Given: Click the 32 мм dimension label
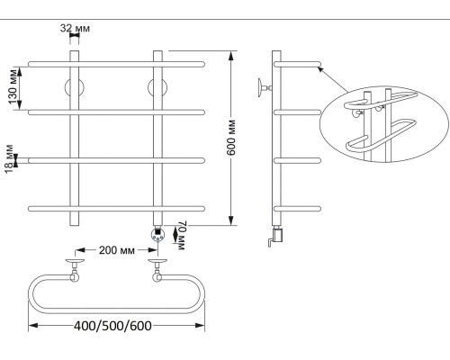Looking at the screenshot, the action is pos(75,28).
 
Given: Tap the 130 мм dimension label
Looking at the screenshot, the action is pos(13,86).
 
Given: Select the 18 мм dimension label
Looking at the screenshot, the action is pos(9,158).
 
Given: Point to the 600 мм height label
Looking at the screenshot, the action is pos(231,138).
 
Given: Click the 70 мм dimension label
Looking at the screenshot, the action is pos(182,236).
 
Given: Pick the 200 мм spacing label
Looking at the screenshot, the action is pos(117,250).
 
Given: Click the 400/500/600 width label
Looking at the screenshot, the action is pos(112,326).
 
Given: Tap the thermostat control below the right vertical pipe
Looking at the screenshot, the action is pos(157,234).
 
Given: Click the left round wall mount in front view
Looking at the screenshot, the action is pos(75,88).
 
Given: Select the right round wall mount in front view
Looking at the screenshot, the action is pos(157,88).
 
